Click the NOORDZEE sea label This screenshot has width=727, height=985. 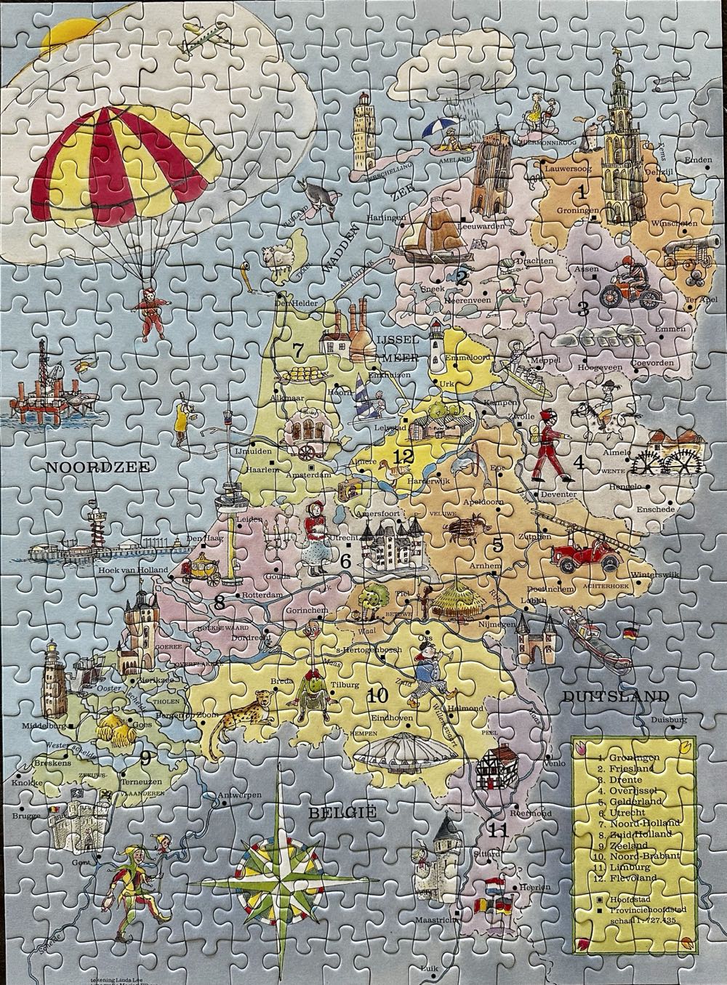97,467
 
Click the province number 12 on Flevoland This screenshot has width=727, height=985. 402,457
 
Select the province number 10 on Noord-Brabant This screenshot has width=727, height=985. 377,696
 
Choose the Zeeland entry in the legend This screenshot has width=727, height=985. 628,845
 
